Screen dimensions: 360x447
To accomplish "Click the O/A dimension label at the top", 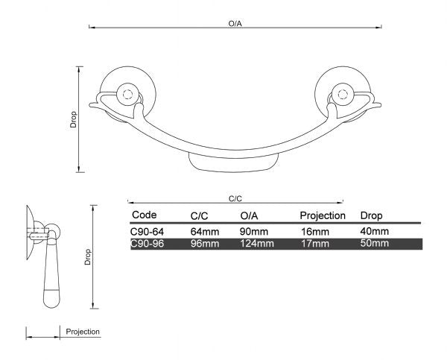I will click(x=235, y=24).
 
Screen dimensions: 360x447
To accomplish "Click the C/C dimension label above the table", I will click(x=235, y=198).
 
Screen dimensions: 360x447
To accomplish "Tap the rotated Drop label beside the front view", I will click(x=74, y=119).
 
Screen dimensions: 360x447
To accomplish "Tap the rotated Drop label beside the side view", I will click(x=87, y=257).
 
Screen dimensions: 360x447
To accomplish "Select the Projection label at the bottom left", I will click(x=83, y=332).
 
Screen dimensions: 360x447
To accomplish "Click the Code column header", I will click(x=144, y=215).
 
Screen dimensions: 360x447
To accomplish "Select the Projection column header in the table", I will click(x=323, y=215).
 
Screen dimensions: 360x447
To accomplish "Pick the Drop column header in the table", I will click(x=371, y=215).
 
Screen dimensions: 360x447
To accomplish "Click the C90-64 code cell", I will click(x=148, y=232).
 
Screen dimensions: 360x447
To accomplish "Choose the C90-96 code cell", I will click(x=148, y=244).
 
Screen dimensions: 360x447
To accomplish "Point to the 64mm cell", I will click(x=205, y=232).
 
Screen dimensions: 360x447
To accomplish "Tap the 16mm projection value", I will click(x=314, y=232).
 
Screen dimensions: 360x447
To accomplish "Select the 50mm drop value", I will click(x=374, y=244).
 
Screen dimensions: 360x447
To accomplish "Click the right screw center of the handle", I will click(x=343, y=95).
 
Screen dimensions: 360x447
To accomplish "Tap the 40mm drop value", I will click(x=374, y=232).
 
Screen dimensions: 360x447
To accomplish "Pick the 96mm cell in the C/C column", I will click(x=205, y=244).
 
